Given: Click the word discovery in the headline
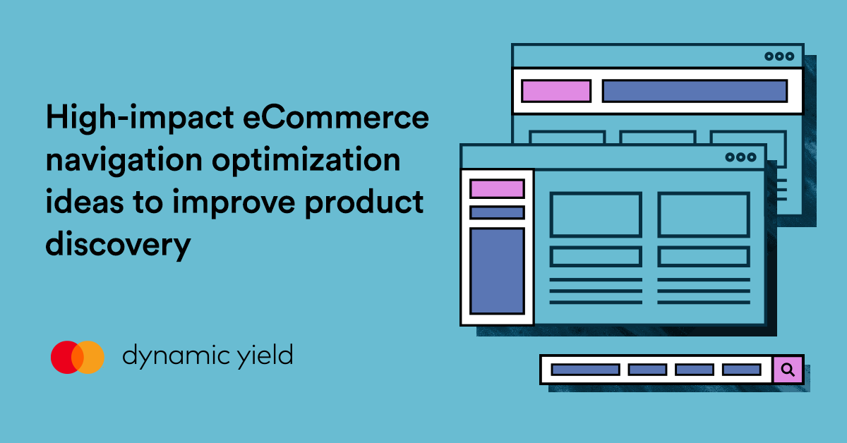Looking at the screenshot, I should coord(119,245).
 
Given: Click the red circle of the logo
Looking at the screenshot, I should coord(68,357).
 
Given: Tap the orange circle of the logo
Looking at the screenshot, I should coord(89,357).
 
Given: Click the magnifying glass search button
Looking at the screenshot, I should coord(788,369).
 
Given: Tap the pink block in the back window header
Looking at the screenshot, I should coord(555,91).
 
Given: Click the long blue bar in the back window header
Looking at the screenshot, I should coord(694,91).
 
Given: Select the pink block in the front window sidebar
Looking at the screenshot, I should coord(497,189).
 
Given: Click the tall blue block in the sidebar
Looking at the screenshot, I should coord(497,270).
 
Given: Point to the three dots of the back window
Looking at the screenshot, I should coord(779,56).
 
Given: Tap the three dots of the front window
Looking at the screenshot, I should coord(740,158).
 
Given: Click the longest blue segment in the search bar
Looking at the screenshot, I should coord(585,370).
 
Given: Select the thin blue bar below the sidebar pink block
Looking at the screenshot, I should coord(497,212).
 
